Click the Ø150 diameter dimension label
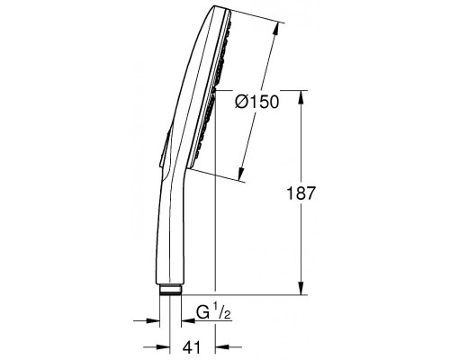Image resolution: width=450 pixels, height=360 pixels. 257,102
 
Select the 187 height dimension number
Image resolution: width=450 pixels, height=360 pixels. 301,193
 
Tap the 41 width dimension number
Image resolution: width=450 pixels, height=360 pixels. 192,347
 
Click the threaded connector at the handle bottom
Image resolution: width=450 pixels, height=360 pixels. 170,290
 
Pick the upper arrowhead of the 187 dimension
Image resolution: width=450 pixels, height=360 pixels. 301,97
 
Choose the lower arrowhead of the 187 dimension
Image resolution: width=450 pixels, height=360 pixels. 301,288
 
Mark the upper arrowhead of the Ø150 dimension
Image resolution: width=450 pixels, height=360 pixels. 276,30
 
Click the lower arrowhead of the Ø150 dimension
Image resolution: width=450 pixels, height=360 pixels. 241,174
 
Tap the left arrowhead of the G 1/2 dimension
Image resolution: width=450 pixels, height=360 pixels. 152,320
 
